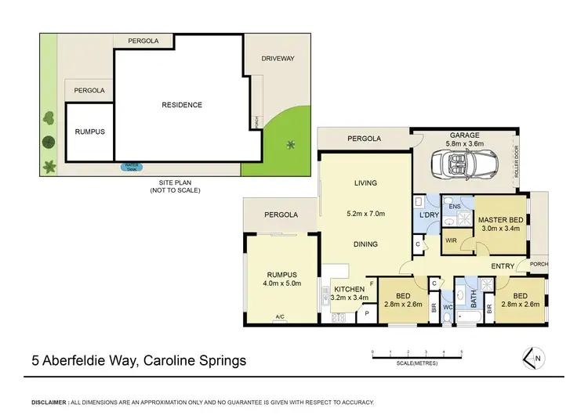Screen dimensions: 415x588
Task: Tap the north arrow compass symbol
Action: click(x=533, y=358)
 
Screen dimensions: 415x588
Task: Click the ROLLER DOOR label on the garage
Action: click(x=516, y=163)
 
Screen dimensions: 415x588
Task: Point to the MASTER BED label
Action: click(x=500, y=219)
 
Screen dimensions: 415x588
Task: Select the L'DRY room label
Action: click(x=428, y=215)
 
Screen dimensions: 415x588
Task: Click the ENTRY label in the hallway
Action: click(x=503, y=267)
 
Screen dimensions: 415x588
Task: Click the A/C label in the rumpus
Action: click(x=280, y=317)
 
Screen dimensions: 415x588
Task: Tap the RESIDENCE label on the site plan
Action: click(x=182, y=105)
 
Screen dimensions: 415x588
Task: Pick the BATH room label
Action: click(x=473, y=298)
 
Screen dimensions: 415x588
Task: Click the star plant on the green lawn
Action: click(x=291, y=143)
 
